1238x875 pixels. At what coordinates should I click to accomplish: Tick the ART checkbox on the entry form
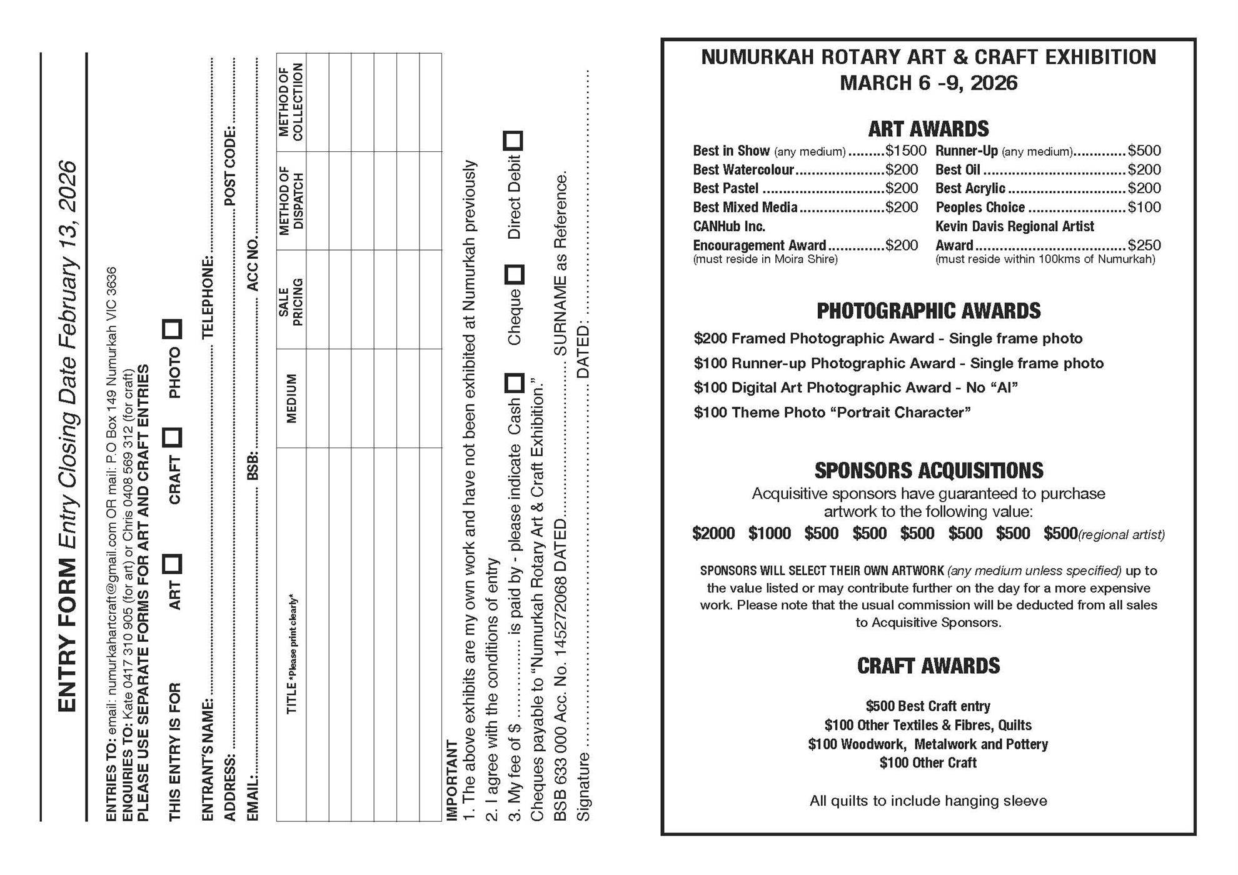[172, 564]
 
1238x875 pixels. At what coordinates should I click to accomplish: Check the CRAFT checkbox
[172, 437]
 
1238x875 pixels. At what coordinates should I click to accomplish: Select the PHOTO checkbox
[172, 329]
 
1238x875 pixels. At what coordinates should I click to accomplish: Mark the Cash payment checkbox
[514, 383]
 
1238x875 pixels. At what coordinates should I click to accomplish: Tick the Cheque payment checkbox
[514, 274]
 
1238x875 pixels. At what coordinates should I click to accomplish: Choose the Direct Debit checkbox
[513, 141]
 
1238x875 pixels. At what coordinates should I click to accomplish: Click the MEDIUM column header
[291, 398]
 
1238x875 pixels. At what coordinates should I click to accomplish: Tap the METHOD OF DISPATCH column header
[291, 201]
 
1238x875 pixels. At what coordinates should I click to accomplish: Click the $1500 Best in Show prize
[905, 151]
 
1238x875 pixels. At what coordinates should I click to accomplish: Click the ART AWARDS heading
[928, 129]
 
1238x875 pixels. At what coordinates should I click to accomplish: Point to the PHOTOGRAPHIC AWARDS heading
[928, 311]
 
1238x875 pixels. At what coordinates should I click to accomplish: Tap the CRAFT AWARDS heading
[928, 666]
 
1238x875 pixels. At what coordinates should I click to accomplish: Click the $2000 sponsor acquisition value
[713, 533]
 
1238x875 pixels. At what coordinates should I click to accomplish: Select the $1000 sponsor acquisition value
[770, 533]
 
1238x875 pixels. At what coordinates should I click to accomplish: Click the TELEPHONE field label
[208, 297]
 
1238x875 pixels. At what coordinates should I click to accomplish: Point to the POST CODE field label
[230, 166]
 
